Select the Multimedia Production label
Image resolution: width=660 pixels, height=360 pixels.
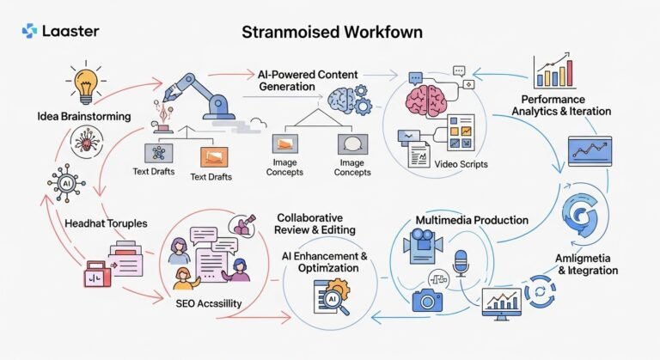pyautogui.click(x=471, y=221)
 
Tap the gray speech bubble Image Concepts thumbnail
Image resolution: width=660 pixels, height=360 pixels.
pyautogui.click(x=351, y=144)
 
